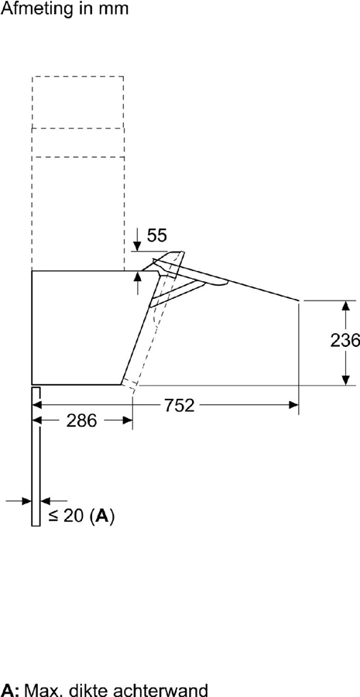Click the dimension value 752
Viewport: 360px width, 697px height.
pos(180,405)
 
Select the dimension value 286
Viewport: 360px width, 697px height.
pos(81,421)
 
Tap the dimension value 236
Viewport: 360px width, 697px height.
pos(345,341)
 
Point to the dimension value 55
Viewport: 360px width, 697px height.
pos(157,235)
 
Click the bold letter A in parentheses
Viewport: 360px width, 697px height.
pos(102,516)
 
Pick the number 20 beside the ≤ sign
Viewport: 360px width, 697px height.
pos(74,516)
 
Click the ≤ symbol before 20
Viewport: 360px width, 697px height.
pos(53,517)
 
